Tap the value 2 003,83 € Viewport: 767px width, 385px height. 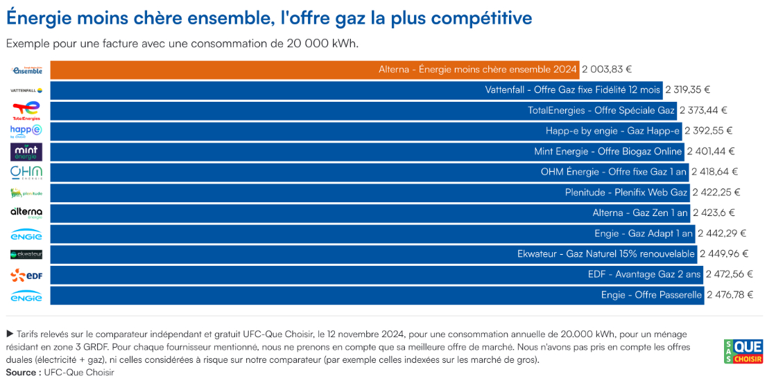pos(606,70)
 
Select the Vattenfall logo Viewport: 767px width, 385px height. pos(26,90)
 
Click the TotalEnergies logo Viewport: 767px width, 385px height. pos(26,111)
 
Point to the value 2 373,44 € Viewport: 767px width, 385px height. pos(703,111)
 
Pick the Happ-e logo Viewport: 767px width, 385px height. pos(26,131)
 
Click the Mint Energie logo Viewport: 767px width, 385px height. pos(26,152)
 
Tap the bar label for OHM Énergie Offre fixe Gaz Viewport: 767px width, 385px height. pos(613,172)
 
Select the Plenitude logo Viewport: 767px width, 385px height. pos(26,192)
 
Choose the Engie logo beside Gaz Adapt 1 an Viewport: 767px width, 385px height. pos(26,234)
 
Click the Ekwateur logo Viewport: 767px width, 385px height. pos(26,254)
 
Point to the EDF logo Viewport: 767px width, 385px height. pos(26,275)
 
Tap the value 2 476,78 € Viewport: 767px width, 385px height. pos(730,295)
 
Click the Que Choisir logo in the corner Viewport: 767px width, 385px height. pos(743,351)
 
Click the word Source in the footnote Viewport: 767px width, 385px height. pos(22,373)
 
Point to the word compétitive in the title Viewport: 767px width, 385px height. pos(481,17)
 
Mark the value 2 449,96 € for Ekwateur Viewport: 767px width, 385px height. pos(724,254)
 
